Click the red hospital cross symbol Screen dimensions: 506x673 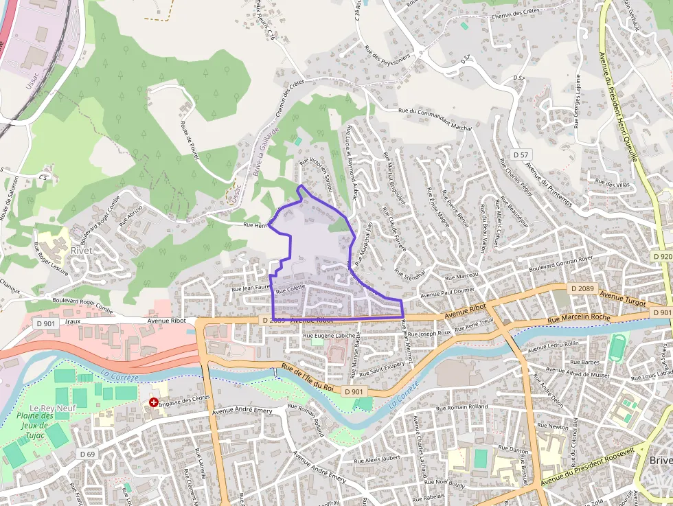coord(153,402)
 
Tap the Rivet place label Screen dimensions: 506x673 coord(81,251)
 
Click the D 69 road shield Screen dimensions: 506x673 coord(87,454)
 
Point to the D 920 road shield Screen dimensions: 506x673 coord(661,256)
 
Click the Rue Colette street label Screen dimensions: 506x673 coord(290,290)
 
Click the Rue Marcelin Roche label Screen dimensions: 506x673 coord(579,318)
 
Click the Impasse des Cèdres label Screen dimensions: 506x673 coord(184,401)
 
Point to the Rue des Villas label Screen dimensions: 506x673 coord(613,184)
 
